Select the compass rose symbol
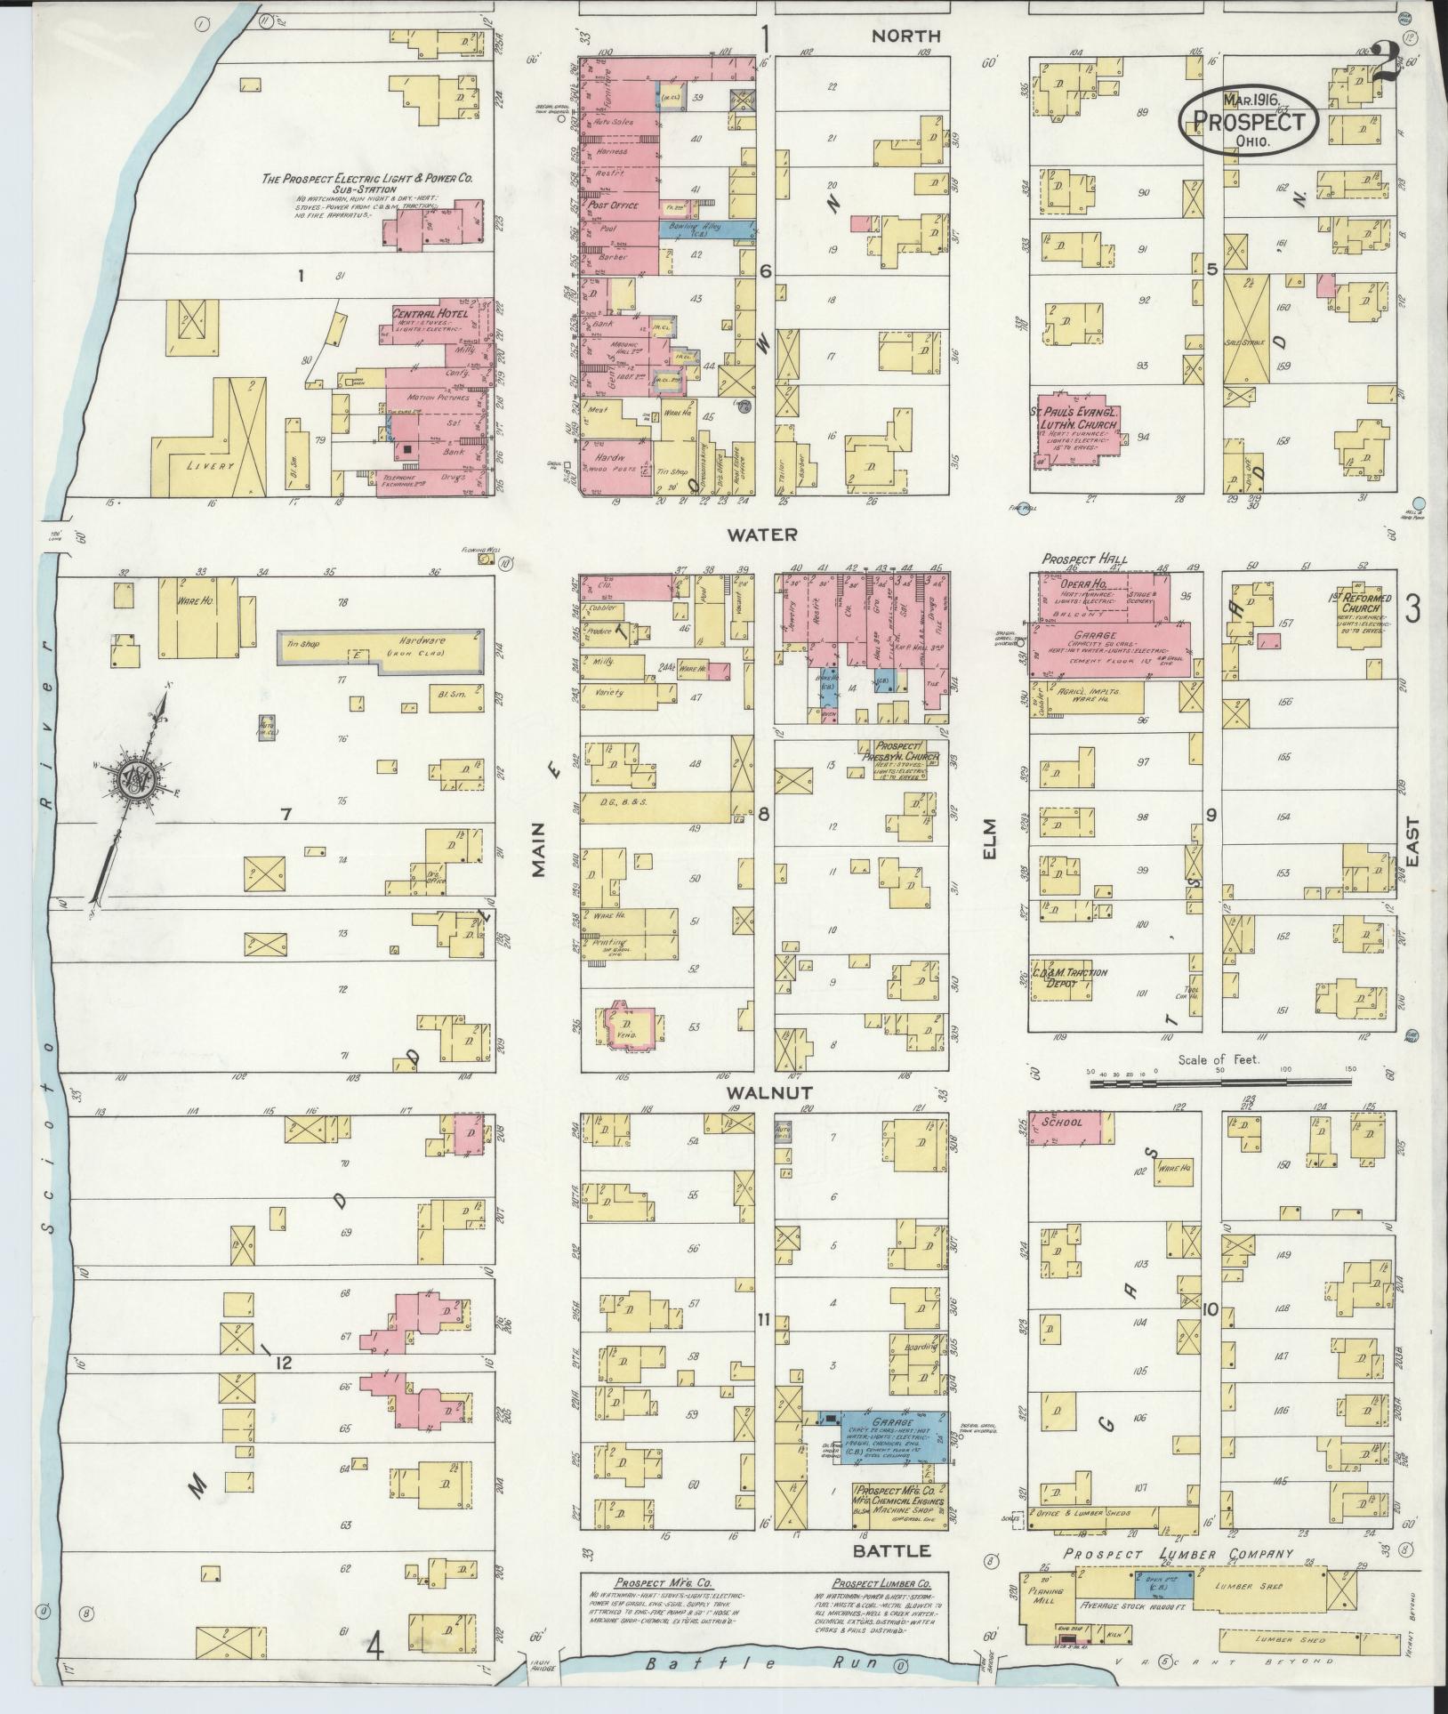[x=138, y=777]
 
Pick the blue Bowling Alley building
[x=708, y=229]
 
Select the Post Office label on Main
[x=610, y=205]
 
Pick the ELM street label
[x=989, y=838]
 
